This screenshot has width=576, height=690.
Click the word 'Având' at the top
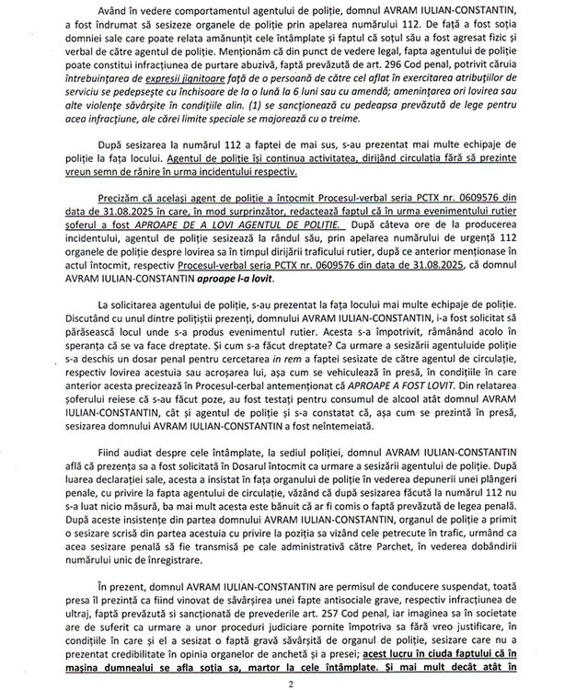point(111,11)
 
